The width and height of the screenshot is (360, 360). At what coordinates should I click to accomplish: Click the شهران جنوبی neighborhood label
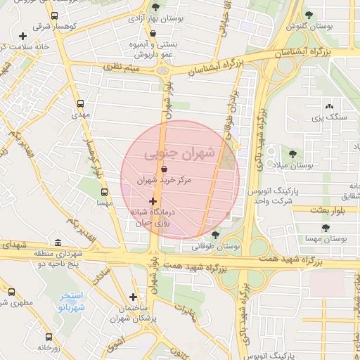[x=181, y=153]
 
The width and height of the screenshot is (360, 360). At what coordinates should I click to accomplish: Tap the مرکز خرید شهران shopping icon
[x=164, y=169]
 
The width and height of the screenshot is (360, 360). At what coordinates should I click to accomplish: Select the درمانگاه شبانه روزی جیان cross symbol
[x=153, y=202]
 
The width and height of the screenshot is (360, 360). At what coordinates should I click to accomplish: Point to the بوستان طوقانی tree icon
[x=215, y=235]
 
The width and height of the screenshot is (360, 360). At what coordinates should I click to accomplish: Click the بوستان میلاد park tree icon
[x=292, y=153]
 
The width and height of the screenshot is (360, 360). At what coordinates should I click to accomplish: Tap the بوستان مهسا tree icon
[x=326, y=228]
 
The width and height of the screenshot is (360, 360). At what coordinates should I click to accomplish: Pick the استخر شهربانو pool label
[x=71, y=302]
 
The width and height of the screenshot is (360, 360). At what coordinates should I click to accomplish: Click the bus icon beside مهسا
[x=104, y=191]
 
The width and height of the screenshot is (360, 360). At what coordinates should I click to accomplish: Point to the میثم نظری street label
[x=121, y=67]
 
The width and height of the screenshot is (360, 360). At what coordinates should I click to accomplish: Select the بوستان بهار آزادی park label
[x=157, y=20]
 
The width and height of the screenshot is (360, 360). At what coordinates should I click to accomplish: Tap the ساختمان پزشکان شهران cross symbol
[x=133, y=297]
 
